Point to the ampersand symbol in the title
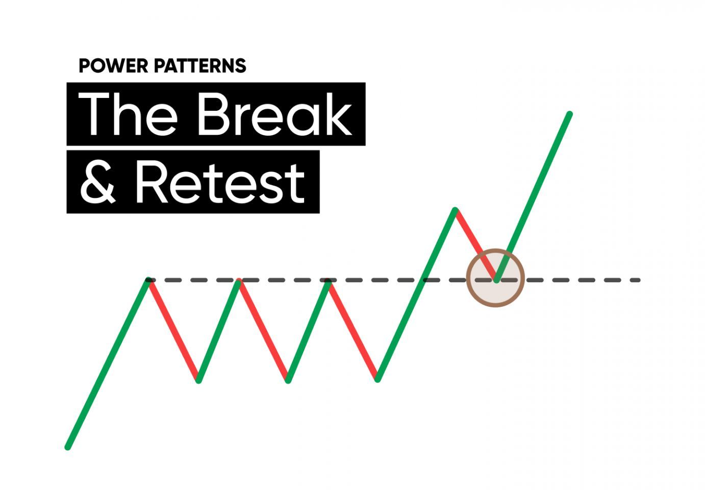tap(98, 183)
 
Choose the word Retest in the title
tap(220, 183)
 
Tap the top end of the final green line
tap(569, 114)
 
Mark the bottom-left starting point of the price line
tap(67, 448)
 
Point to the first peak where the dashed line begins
tap(148, 280)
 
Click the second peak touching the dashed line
tap(239, 280)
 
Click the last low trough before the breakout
tap(377, 380)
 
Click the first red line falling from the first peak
tap(173, 330)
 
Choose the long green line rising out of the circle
tap(533, 197)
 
